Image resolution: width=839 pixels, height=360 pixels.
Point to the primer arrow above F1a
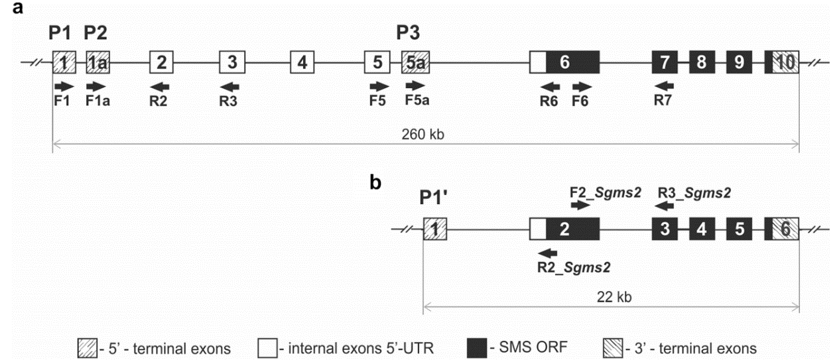click(96, 86)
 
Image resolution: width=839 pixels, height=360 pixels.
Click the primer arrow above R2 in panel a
click(160, 86)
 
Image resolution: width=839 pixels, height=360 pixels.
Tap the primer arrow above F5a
click(416, 86)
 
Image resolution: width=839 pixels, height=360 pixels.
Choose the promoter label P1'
click(436, 198)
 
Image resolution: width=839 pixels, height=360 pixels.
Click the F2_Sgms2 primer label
click(606, 192)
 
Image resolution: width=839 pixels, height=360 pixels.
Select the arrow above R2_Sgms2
click(549, 253)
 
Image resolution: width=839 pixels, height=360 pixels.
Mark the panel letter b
click(375, 182)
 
